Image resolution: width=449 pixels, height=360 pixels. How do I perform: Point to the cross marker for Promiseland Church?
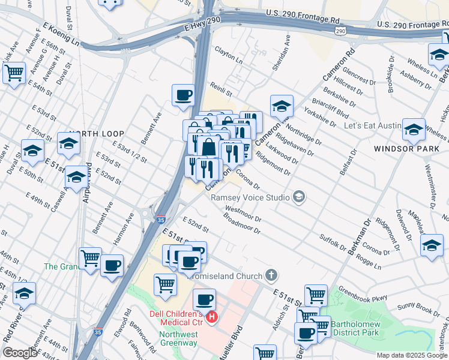(271, 276)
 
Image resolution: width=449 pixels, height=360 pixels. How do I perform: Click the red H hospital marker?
(211, 317)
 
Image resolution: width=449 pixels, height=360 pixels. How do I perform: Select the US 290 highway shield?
(340, 31)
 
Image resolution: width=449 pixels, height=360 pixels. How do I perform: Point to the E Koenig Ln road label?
(61, 35)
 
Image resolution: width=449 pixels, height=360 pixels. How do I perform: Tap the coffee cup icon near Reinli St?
(183, 94)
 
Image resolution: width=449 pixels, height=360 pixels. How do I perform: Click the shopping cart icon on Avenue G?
(13, 73)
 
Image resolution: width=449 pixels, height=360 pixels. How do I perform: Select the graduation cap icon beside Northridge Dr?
(282, 106)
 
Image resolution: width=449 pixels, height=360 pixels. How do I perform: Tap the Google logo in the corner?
(20, 353)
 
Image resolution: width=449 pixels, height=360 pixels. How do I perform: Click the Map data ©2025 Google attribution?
(412, 355)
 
